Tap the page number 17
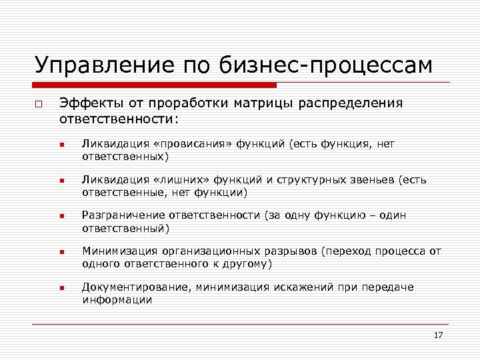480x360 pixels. (x=438, y=335)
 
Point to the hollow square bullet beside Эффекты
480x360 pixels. (x=39, y=105)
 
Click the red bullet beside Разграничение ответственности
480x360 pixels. (x=61, y=217)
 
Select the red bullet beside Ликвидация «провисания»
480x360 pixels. (x=61, y=145)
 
